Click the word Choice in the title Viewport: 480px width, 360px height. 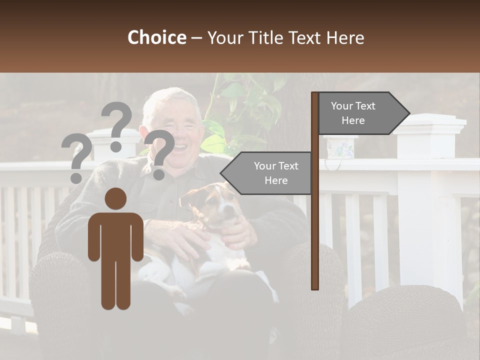[156, 37]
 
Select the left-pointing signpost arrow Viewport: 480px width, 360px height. [267, 173]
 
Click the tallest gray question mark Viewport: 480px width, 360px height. [116, 125]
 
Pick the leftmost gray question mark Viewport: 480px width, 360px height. [76, 157]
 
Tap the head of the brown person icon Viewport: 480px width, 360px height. [115, 198]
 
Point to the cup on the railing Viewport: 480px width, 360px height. [340, 147]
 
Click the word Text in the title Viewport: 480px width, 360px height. [304, 37]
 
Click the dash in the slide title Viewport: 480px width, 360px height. [196, 38]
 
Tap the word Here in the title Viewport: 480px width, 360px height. [345, 37]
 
